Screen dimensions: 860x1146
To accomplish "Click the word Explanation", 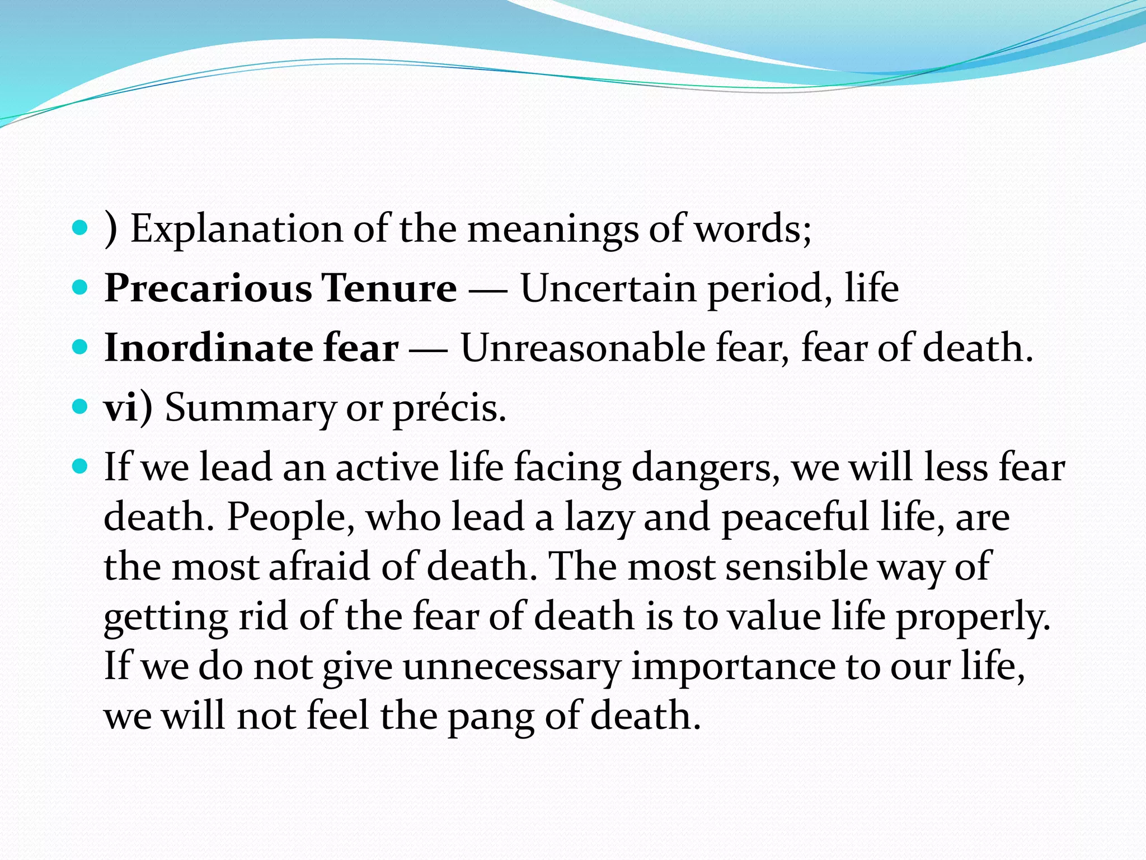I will [x=236, y=230].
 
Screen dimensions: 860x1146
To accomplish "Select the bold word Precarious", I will [x=208, y=289].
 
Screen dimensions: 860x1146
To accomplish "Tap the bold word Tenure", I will [x=389, y=289].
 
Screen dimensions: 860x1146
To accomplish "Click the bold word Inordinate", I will [x=209, y=348].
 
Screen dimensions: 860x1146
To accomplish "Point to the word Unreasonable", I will [x=583, y=348].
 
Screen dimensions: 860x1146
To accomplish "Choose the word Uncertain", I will [x=608, y=289].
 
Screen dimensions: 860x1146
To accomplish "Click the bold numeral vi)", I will [x=128, y=408].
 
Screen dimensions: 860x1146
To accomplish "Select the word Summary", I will [x=250, y=409].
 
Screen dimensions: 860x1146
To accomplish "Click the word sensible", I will [x=796, y=567].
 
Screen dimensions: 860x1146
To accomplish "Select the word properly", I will [x=974, y=617].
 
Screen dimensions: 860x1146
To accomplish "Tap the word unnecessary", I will [x=511, y=666].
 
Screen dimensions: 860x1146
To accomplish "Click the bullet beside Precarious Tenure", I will [x=81, y=288].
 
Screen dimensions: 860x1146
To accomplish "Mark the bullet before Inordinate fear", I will [x=81, y=347].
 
